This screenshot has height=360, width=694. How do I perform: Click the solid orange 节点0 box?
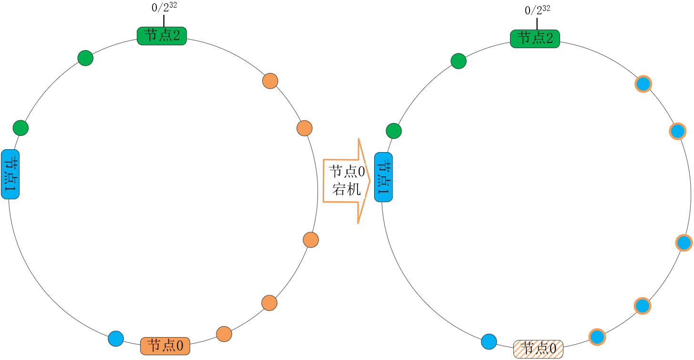click(x=165, y=346)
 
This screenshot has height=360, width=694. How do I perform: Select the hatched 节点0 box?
click(x=538, y=349)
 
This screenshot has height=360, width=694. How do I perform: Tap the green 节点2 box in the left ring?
click(x=162, y=36)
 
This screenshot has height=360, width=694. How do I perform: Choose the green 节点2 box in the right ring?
click(x=535, y=39)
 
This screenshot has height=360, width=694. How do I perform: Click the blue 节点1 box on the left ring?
click(x=10, y=174)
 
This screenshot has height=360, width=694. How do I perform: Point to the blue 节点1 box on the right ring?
click(x=384, y=177)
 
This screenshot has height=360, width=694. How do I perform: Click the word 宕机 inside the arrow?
click(x=347, y=189)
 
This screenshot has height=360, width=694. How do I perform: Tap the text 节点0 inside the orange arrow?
click(x=347, y=171)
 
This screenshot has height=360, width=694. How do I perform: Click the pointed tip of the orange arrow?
click(x=370, y=181)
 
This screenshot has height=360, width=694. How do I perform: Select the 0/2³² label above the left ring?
click(x=164, y=8)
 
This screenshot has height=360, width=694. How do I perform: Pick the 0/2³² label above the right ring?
click(x=538, y=10)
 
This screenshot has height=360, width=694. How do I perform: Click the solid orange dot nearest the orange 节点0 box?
click(x=224, y=334)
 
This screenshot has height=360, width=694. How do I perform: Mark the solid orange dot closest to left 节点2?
click(x=270, y=81)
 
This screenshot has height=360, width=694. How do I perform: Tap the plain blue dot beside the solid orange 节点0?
click(x=116, y=339)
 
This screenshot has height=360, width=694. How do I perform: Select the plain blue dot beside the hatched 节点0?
click(x=489, y=341)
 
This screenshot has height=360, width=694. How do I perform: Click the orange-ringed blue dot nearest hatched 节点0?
click(x=597, y=337)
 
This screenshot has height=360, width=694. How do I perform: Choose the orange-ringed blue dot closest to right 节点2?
click(x=643, y=83)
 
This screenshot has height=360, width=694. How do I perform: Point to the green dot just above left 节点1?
click(x=21, y=128)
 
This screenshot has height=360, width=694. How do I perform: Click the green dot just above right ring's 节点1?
click(x=394, y=131)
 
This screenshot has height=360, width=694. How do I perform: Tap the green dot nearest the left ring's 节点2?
click(x=85, y=58)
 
